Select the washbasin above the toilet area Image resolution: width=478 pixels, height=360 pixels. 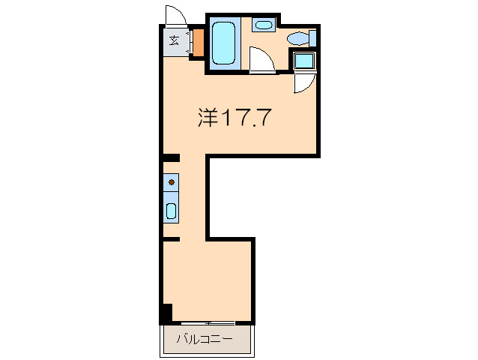[x=263, y=25]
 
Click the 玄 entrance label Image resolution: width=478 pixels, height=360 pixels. [x=174, y=40]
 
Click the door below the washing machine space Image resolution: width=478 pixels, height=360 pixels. [x=306, y=82]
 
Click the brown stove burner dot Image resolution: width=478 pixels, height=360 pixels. [x=172, y=181]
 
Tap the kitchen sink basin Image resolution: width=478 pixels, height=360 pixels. [x=171, y=211]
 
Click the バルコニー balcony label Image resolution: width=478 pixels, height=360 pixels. [x=204, y=338]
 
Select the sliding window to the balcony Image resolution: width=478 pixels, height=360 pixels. [x=208, y=323]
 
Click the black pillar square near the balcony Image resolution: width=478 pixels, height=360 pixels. [x=166, y=311]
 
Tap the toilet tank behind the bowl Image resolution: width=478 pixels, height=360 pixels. [x=312, y=37]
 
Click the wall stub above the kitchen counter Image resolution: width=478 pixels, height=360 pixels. [x=172, y=158]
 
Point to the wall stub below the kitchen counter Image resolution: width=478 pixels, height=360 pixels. [x=172, y=238]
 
